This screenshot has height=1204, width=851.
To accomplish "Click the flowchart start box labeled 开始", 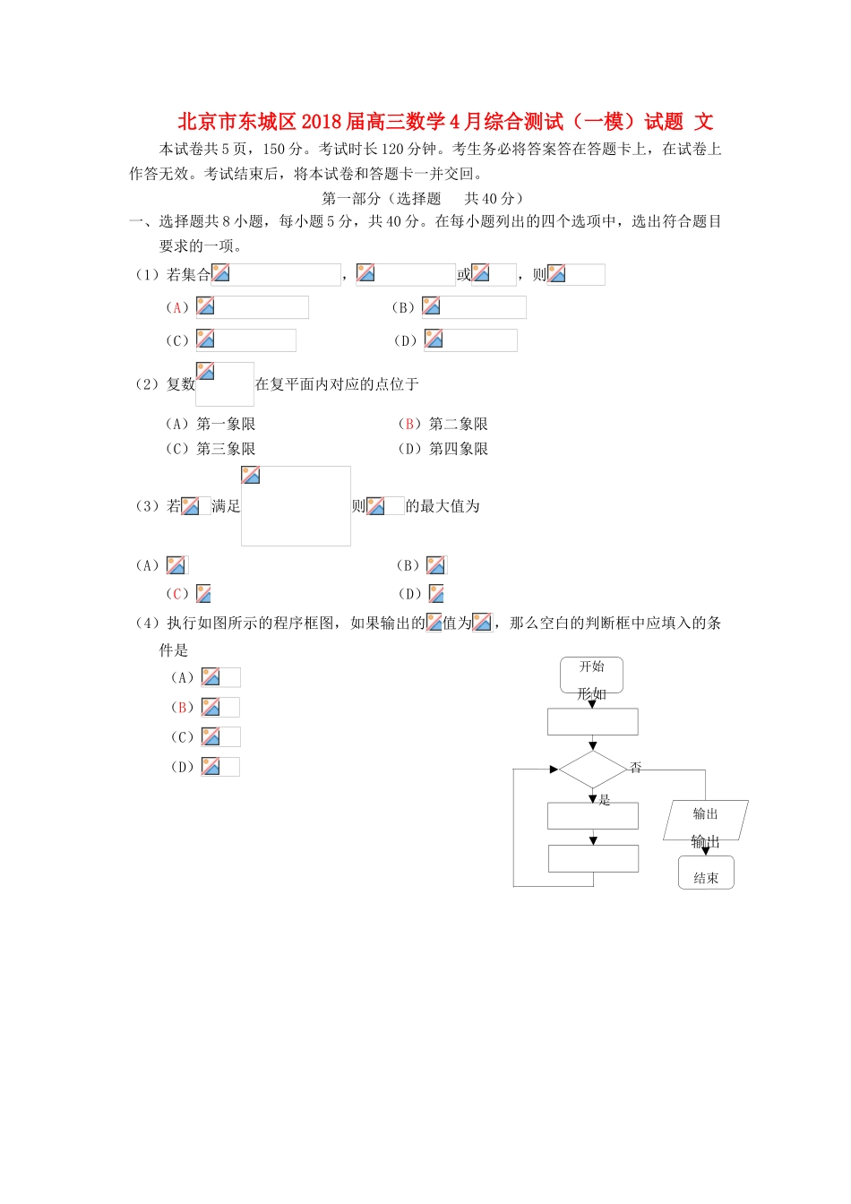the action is click(591, 673).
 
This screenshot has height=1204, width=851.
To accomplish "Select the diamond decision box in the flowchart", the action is click(592, 770).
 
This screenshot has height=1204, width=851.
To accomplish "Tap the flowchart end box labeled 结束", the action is click(706, 873).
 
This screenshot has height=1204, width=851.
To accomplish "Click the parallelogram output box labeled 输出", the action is click(706, 819).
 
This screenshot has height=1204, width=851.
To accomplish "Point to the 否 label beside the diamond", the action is click(636, 768).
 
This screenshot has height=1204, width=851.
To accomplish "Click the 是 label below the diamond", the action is click(605, 800).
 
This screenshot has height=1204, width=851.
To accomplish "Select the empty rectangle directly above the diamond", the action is click(592, 722).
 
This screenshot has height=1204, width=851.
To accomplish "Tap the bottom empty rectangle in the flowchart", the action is click(592, 858).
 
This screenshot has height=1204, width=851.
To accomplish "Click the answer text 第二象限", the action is click(459, 424).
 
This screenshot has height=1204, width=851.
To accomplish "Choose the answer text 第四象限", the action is click(459, 449).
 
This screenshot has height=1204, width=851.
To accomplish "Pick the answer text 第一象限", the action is click(226, 424).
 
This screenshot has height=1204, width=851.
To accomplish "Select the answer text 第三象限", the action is click(226, 449).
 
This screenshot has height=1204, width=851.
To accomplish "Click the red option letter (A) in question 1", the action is click(177, 308).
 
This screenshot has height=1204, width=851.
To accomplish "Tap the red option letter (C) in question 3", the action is click(177, 594).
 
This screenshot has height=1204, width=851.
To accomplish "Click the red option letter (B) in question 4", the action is click(182, 708).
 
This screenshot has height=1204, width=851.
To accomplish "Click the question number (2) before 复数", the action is click(146, 384).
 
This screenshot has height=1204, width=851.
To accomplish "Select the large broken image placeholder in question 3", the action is click(296, 506).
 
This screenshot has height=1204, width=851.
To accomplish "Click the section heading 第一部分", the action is click(350, 199).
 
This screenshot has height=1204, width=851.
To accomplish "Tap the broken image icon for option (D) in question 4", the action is click(211, 767).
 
